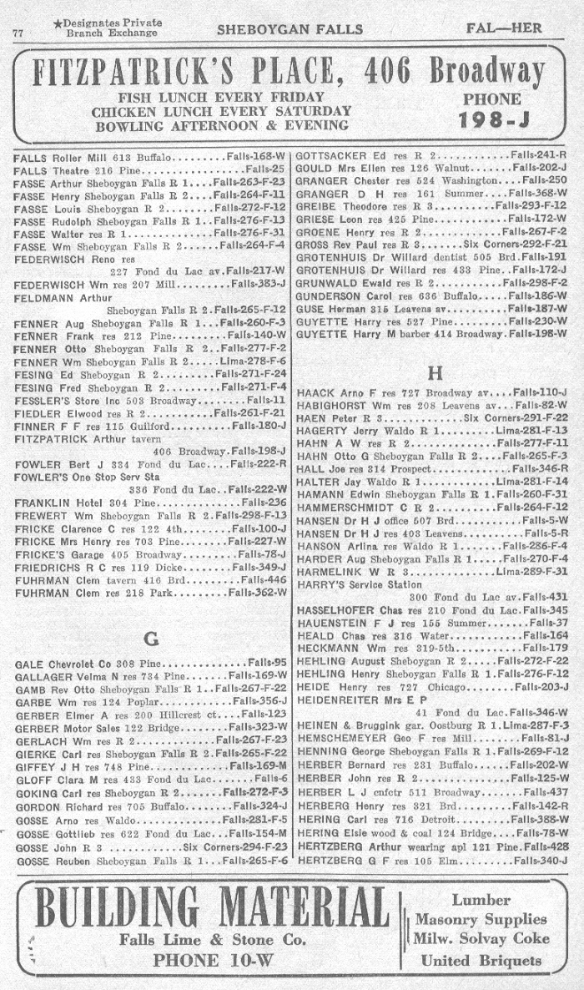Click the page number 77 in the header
coord(18,33)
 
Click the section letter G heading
coord(151,639)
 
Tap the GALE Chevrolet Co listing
coord(67,664)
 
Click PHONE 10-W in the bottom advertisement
coord(213,959)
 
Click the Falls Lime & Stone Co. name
coord(213,940)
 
